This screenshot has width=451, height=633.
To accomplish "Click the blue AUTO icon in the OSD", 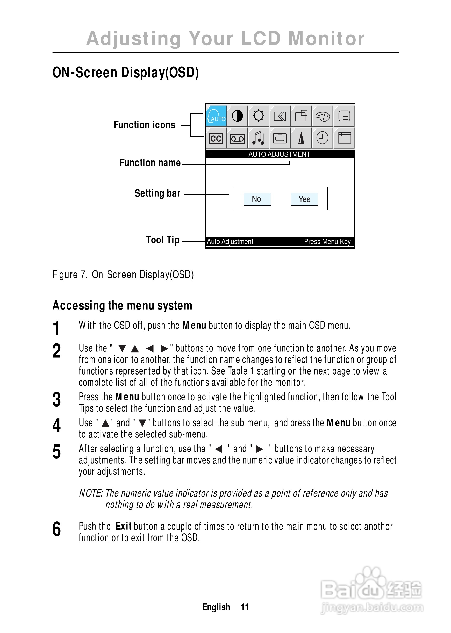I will [x=216, y=116].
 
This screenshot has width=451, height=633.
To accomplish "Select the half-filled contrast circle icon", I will [x=237, y=116].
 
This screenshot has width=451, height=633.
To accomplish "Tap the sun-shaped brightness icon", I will [x=259, y=116].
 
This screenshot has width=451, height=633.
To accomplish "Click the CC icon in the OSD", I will [x=216, y=138].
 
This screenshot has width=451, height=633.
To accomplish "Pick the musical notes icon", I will [x=258, y=138].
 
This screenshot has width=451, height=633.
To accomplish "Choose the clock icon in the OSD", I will [x=322, y=138].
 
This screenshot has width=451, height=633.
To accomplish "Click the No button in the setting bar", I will [x=257, y=199].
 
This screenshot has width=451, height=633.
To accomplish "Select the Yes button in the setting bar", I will [x=304, y=199].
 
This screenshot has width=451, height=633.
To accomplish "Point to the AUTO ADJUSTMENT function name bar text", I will [x=279, y=154].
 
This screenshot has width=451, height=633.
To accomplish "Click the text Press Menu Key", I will [x=327, y=242].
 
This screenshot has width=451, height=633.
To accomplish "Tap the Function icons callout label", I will [x=144, y=125].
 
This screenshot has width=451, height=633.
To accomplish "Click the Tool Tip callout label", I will [x=163, y=240].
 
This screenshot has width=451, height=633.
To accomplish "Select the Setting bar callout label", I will [x=158, y=193].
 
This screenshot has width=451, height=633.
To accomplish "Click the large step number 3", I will [x=57, y=400].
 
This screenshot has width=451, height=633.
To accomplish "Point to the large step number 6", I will [x=57, y=529].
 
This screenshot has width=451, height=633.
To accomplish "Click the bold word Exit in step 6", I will [x=123, y=526].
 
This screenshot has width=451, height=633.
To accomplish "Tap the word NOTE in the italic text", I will [x=90, y=493].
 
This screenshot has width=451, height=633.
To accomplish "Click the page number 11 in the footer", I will [x=245, y=607].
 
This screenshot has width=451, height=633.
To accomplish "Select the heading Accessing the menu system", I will [x=122, y=305].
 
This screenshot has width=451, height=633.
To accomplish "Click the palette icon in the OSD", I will [x=323, y=116].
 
